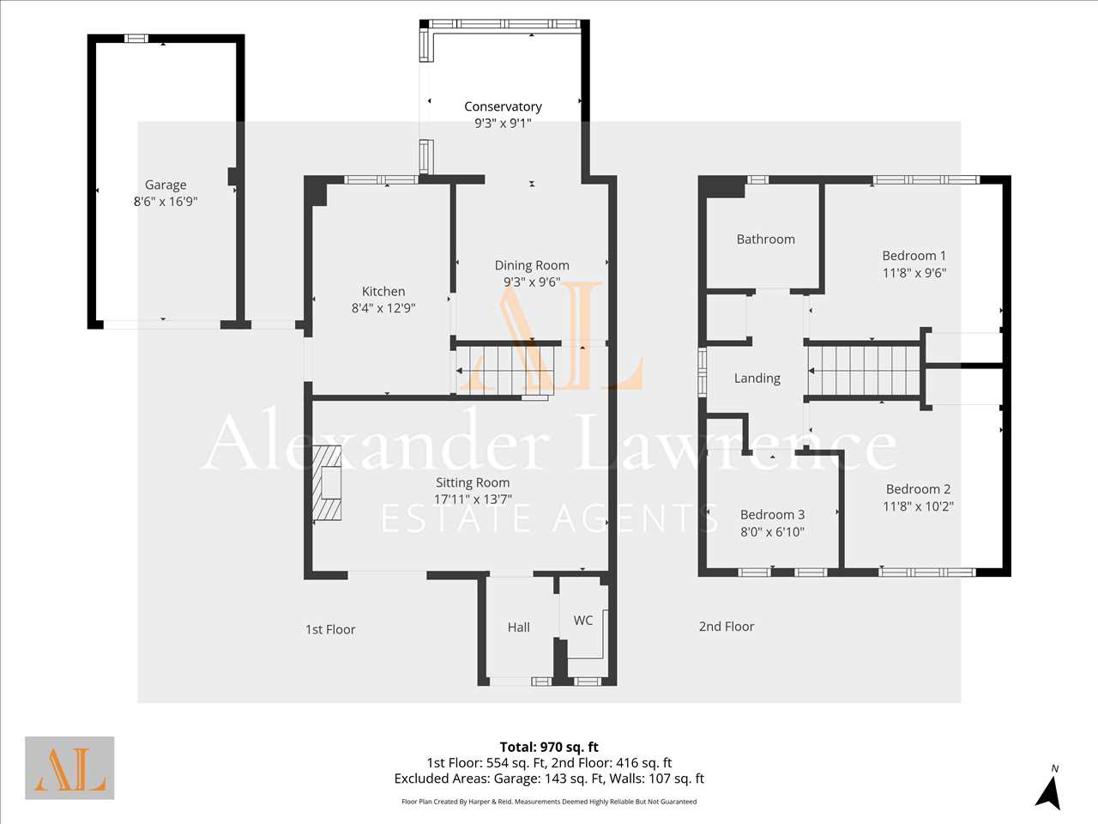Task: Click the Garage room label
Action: pyautogui.click(x=166, y=185)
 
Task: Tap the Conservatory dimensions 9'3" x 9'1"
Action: pyautogui.click(x=503, y=123)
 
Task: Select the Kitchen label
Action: pyautogui.click(x=383, y=291)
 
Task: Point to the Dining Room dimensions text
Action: pyautogui.click(x=532, y=282)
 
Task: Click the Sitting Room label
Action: pyautogui.click(x=473, y=482)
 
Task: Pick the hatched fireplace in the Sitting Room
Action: pyautogui.click(x=327, y=482)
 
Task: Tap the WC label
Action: pyautogui.click(x=583, y=621)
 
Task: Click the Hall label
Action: pyautogui.click(x=519, y=627)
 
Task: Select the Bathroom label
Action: pyautogui.click(x=766, y=239)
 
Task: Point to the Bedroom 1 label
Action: pyautogui.click(x=914, y=256)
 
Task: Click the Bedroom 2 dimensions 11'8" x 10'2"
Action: pyautogui.click(x=918, y=506)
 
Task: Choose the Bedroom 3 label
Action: pyautogui.click(x=772, y=514)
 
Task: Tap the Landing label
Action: pyautogui.click(x=757, y=379)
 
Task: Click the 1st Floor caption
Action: pyautogui.click(x=330, y=629)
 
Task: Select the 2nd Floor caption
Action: pyautogui.click(x=727, y=627)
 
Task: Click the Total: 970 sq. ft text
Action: pyautogui.click(x=549, y=747)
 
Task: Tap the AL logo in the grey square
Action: pyautogui.click(x=69, y=768)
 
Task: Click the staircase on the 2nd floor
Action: pyautogui.click(x=864, y=371)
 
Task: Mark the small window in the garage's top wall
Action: pyautogui.click(x=136, y=39)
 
